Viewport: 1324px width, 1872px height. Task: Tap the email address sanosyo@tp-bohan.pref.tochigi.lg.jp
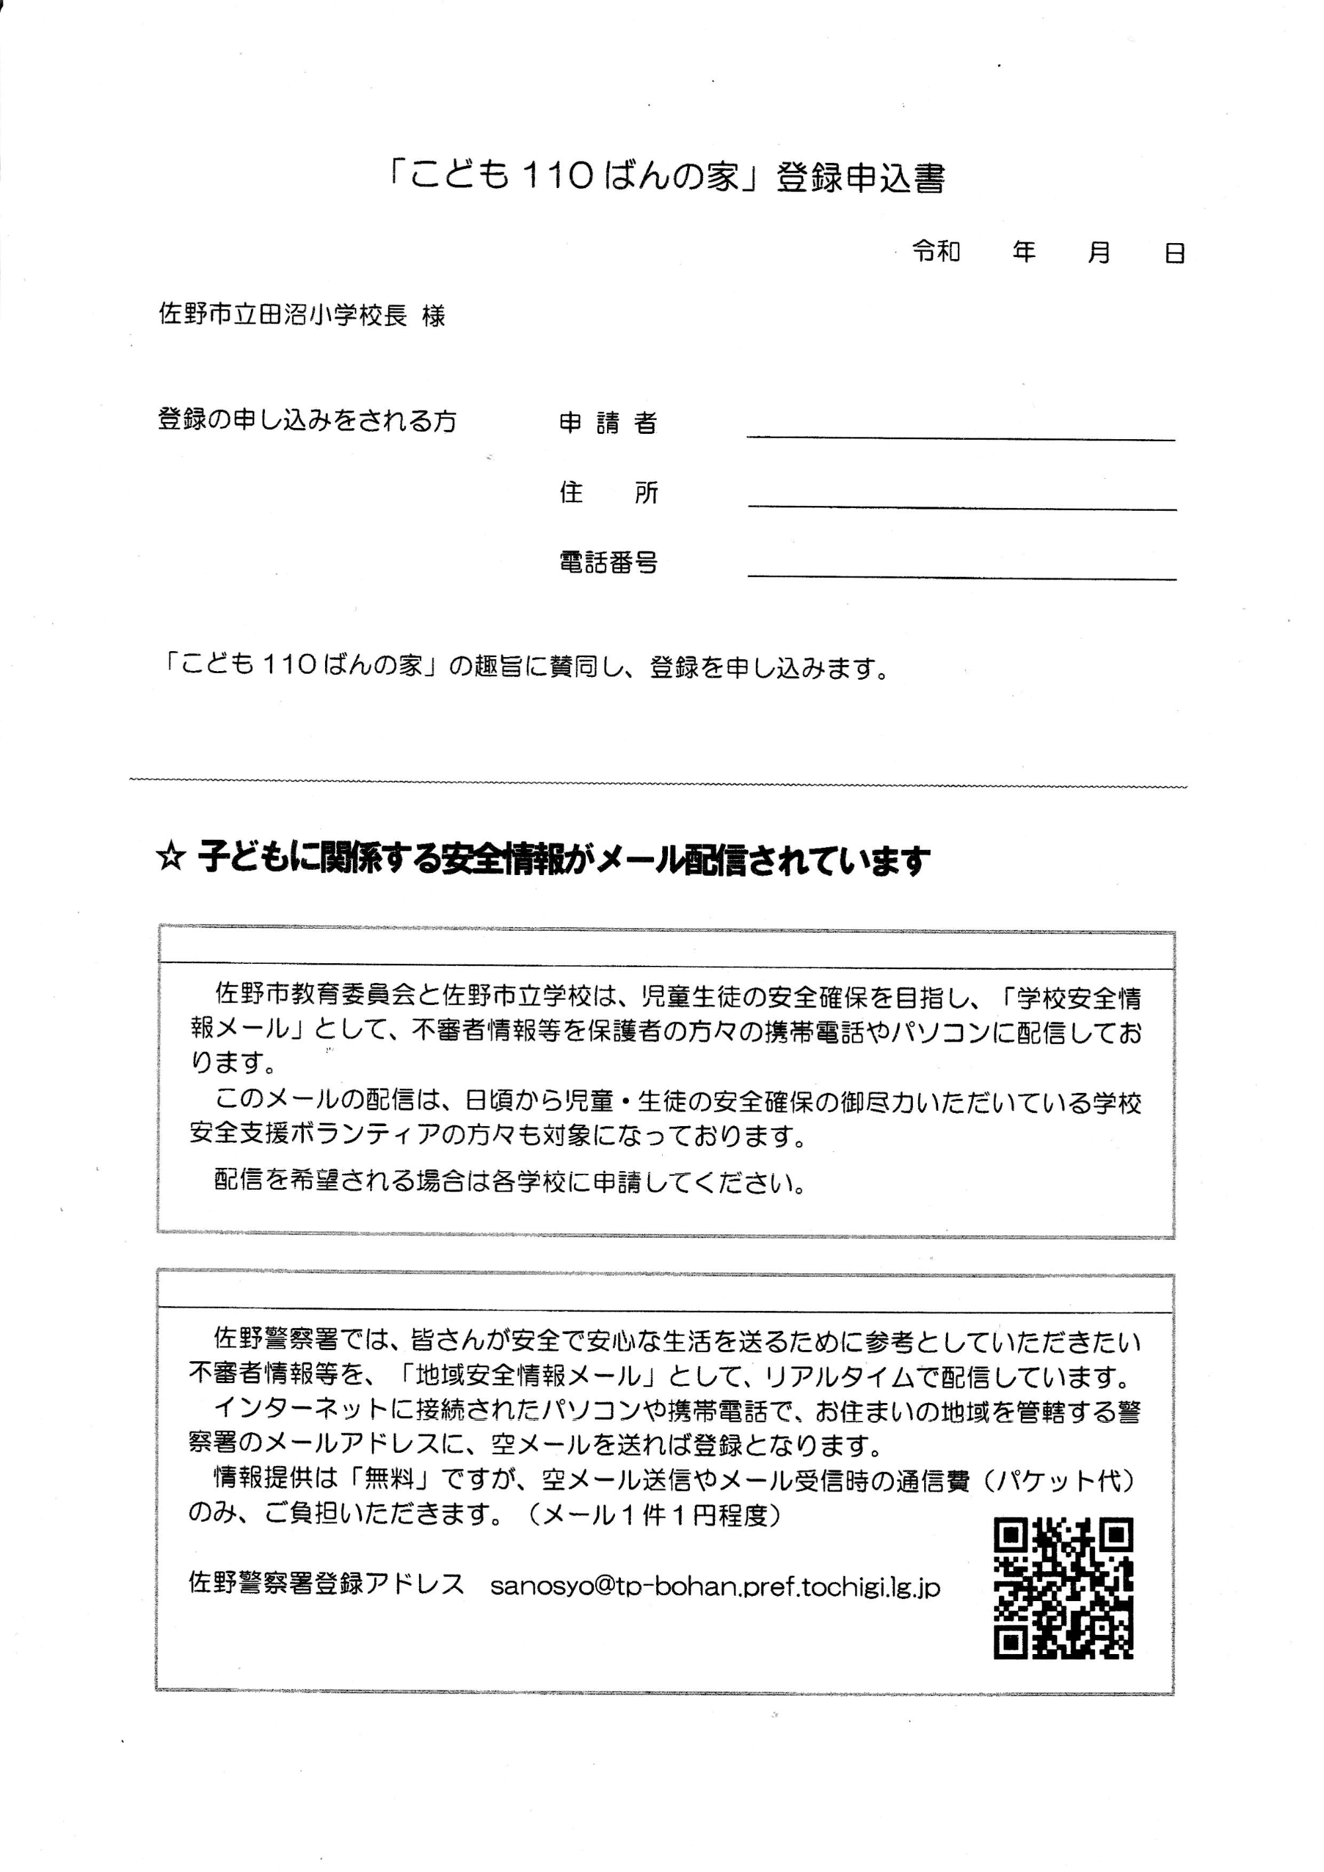pyautogui.click(x=715, y=1587)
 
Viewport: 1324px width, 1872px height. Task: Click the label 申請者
pyautogui.click(x=608, y=423)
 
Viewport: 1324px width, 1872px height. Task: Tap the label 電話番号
pyautogui.click(x=608, y=562)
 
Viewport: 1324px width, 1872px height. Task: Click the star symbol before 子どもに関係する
pyautogui.click(x=170, y=859)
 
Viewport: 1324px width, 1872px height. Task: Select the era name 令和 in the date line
pyautogui.click(x=936, y=252)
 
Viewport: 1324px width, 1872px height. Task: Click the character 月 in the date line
pyautogui.click(x=1098, y=253)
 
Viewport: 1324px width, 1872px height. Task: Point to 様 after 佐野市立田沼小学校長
pyautogui.click(x=434, y=316)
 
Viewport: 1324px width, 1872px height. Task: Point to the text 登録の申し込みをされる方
pyautogui.click(x=307, y=421)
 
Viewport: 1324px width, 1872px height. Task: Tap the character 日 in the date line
pyautogui.click(x=1174, y=254)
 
